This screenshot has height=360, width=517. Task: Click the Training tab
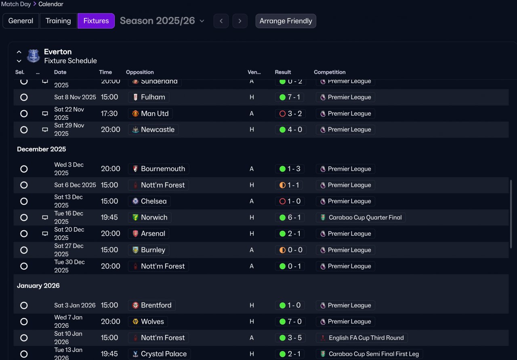[x=58, y=21]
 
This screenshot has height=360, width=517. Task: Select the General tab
[x=21, y=21]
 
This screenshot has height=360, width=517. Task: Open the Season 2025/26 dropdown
[x=162, y=21]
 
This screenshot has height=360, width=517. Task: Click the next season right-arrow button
[x=240, y=21]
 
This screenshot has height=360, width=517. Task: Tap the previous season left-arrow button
[x=221, y=21]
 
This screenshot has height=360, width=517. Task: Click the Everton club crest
[x=33, y=56]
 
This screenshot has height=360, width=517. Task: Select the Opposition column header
[x=140, y=72]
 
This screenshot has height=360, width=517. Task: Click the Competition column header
[x=330, y=72]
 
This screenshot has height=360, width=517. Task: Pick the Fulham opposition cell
[x=148, y=97]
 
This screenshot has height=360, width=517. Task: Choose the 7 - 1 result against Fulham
[x=290, y=97]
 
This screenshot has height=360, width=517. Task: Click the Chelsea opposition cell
[x=149, y=201]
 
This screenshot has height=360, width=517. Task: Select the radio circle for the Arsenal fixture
[x=24, y=234]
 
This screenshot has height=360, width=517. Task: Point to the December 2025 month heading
[x=41, y=149]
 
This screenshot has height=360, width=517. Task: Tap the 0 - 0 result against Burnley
[x=290, y=250]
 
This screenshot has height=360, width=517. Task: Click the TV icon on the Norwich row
[x=45, y=218]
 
